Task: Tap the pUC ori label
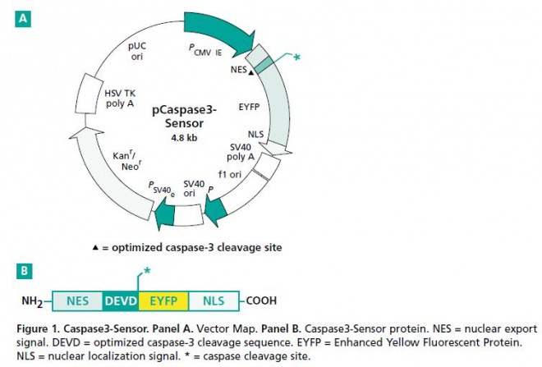pos(137,53)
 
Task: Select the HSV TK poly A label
pos(120,99)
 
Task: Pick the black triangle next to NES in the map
pos(250,73)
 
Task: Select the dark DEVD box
pos(121,301)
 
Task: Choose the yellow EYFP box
pos(163,301)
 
